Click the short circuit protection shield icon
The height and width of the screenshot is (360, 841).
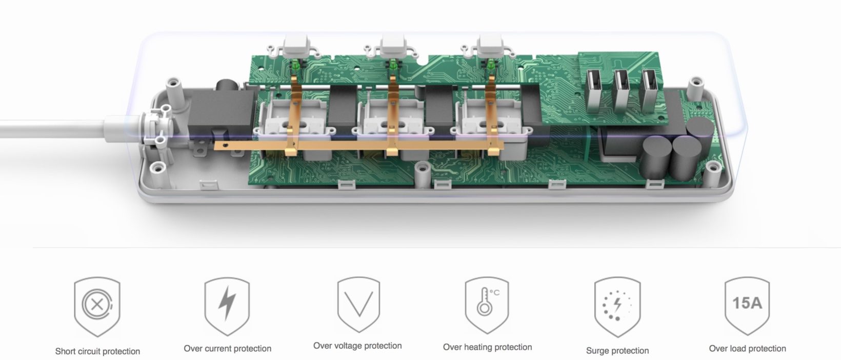[x=97, y=306]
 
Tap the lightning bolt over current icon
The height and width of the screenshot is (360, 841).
[x=227, y=306]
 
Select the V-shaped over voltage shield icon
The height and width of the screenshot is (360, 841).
[x=358, y=305]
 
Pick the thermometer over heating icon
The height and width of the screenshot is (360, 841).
[x=487, y=305]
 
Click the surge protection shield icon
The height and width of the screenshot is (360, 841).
[x=617, y=306]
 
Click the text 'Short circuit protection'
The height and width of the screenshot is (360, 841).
[x=97, y=351]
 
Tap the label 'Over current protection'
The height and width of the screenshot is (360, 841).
[x=228, y=348]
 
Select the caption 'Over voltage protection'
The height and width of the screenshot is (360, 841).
[x=357, y=346]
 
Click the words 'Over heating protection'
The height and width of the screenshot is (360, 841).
[x=487, y=347]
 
